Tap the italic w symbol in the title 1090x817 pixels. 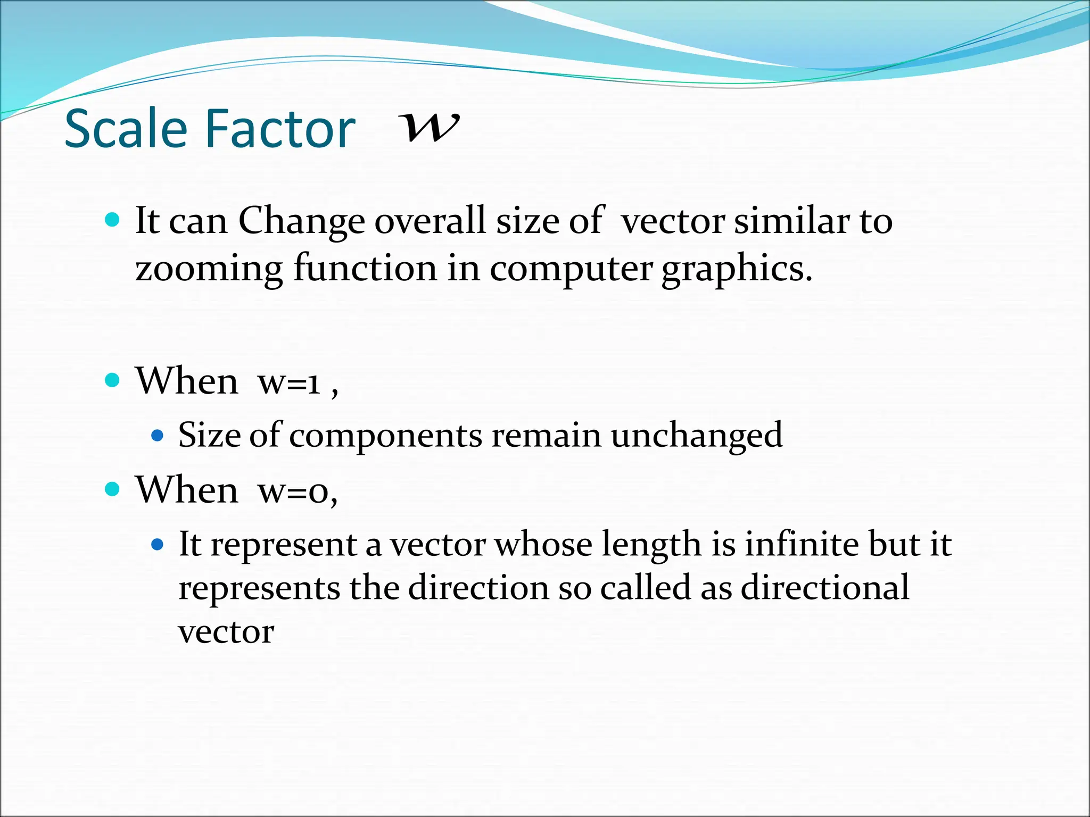click(x=430, y=127)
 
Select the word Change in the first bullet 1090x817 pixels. click(x=302, y=221)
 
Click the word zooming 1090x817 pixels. click(x=209, y=268)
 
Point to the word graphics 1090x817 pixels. click(x=737, y=269)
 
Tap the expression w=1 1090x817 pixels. click(x=289, y=382)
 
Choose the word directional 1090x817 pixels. click(x=825, y=588)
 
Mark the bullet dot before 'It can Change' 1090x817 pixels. click(x=112, y=219)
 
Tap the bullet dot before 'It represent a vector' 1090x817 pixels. click(x=157, y=545)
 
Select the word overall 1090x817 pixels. click(x=430, y=220)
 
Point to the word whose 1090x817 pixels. click(x=543, y=544)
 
